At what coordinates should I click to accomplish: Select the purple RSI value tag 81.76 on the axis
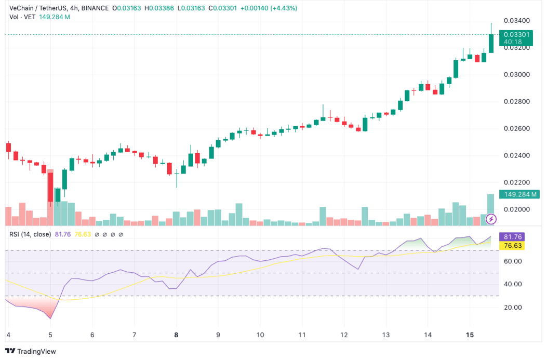510,236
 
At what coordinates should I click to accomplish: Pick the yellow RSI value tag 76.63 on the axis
510,246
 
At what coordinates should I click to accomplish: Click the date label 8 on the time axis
176,335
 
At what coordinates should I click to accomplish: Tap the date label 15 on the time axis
470,335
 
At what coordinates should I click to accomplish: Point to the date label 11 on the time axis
302,335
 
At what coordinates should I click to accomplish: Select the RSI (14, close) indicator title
30,234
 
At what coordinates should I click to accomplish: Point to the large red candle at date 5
50,186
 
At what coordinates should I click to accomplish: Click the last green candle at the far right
491,43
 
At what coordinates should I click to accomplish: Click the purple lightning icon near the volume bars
491,219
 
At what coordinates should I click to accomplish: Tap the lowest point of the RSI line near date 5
50,318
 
